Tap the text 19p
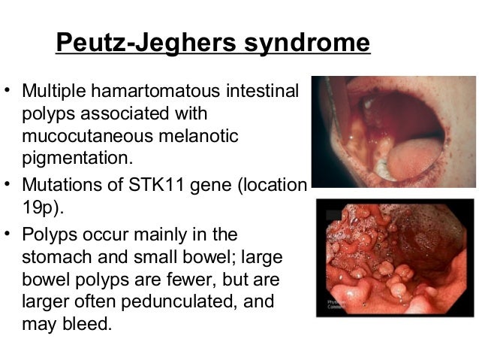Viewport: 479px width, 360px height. pyautogui.click(x=41, y=206)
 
